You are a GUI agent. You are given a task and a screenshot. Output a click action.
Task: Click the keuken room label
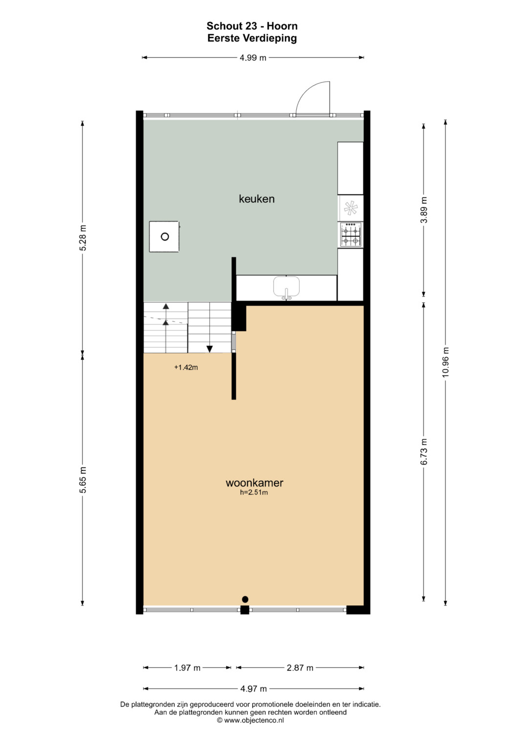257,199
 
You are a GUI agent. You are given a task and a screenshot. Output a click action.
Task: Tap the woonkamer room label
254,483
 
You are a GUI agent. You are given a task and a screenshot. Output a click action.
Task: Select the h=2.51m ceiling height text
254,492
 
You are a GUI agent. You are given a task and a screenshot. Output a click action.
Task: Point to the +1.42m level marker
186,367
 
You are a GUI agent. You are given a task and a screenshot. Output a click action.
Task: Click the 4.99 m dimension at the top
253,58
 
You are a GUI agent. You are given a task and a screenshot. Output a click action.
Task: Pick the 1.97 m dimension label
187,668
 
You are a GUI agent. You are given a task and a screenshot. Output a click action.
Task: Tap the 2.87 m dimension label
300,668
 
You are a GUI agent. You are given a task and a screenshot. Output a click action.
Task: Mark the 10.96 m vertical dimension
446,362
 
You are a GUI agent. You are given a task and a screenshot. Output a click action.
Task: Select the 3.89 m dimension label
424,210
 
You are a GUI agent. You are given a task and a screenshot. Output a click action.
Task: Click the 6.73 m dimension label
424,451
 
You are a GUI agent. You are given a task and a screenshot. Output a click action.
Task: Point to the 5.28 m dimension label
83,238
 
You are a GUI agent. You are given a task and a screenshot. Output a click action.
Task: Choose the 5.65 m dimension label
83,480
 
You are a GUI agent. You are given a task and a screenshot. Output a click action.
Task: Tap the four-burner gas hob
351,235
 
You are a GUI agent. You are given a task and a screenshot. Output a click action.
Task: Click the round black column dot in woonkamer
245,599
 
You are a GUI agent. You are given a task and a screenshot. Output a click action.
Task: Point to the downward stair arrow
209,349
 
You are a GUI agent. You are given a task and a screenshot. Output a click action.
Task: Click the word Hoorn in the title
282,26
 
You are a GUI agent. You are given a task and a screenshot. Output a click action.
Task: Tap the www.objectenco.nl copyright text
251,720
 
